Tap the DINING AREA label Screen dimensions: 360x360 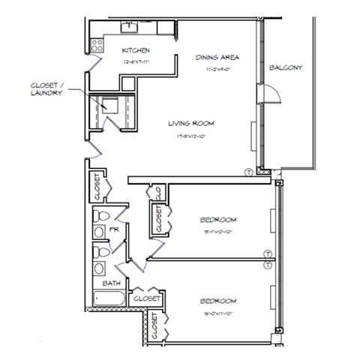point(217,58)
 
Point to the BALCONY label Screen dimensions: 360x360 point(285,68)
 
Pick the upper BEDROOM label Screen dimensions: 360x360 point(218,220)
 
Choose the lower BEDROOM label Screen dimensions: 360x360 point(218,301)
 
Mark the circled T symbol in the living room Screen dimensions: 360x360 point(248,172)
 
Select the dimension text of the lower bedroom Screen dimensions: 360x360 point(218,312)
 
